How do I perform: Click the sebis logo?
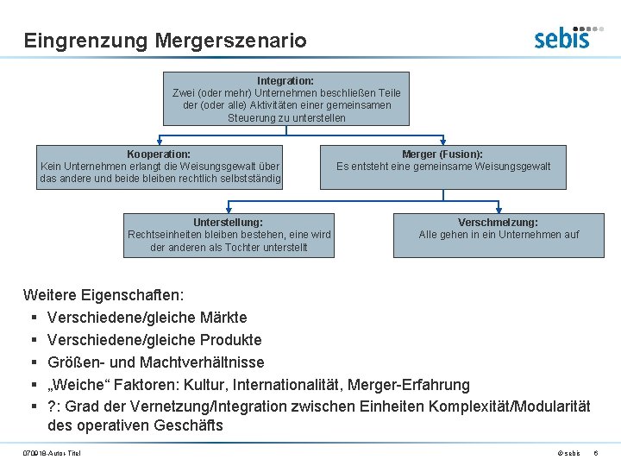(562, 37)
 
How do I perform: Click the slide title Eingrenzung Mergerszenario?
(165, 41)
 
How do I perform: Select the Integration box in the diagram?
(286, 98)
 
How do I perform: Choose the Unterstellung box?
(229, 235)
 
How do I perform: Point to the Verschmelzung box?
(499, 235)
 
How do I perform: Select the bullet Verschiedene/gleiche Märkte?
(147, 318)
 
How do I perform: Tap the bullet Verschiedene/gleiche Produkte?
(154, 340)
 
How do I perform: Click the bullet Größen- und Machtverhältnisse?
(156, 362)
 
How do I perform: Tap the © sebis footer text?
(568, 454)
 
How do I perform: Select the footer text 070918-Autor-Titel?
(52, 454)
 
